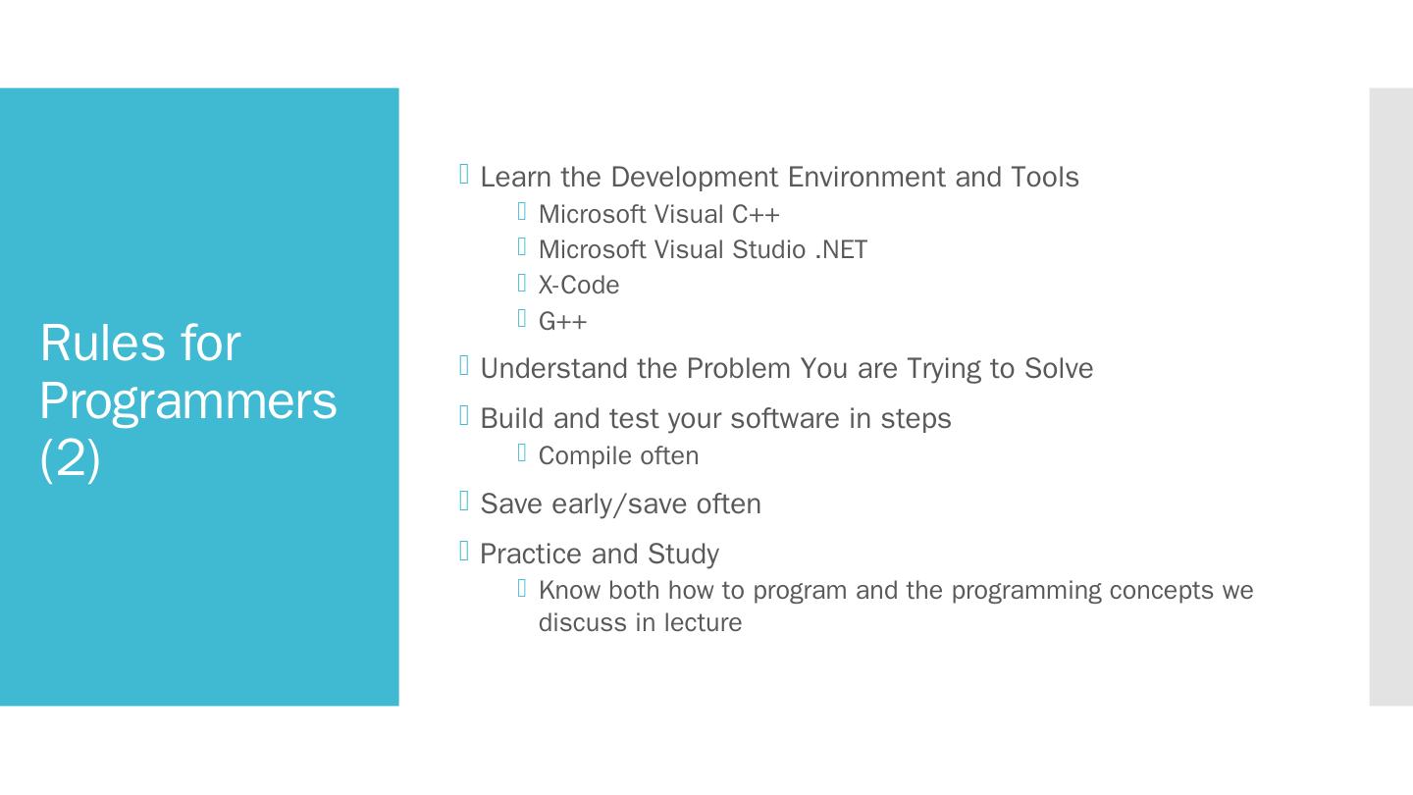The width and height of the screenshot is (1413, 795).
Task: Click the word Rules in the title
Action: pos(103,343)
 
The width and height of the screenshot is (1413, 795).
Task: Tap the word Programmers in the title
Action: pos(188,403)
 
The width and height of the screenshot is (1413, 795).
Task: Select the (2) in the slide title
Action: pos(70,459)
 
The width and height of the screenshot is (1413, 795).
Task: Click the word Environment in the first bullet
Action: pos(866,177)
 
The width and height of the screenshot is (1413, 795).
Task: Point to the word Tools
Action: pos(1045,177)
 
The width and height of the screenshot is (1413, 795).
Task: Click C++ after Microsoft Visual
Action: pos(756,215)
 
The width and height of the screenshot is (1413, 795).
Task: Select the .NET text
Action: pos(842,250)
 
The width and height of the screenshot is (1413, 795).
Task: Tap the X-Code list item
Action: pos(579,286)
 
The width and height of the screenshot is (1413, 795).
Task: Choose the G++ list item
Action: pos(562,321)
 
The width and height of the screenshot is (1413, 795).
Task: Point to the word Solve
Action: pos(1059,368)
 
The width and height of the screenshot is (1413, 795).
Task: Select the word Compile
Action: pos(579,456)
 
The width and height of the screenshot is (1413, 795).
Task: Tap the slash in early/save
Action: pos(619,504)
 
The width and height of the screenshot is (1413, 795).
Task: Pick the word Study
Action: pos(683,555)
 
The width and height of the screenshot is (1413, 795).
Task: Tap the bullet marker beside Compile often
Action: pos(522,452)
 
